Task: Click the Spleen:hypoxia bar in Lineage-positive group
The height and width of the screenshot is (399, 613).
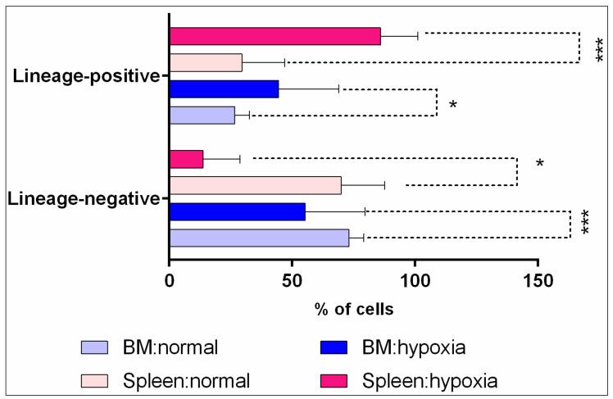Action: tap(275, 36)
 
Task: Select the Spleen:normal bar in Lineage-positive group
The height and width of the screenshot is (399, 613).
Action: tap(206, 62)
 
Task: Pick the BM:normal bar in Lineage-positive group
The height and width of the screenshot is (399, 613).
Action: tap(202, 116)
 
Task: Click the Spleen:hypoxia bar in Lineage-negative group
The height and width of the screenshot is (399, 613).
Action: tap(186, 159)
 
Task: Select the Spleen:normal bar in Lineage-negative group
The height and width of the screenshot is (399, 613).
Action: tap(255, 185)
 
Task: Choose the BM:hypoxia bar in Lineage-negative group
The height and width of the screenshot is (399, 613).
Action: tap(237, 211)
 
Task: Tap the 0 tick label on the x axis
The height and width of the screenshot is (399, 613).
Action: tap(170, 279)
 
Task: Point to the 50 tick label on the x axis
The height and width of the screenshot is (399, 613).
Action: tap(292, 279)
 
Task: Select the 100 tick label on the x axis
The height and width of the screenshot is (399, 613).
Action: tap(415, 279)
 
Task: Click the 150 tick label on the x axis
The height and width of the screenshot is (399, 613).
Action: tap(538, 279)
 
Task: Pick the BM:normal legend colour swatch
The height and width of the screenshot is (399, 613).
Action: tap(100, 347)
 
